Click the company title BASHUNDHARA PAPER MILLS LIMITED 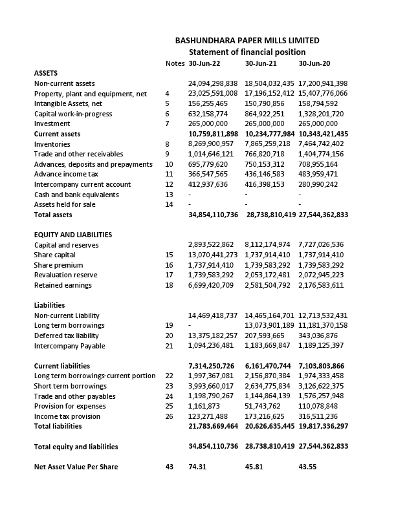tap(247, 41)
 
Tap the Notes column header tap(175, 63)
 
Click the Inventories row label tap(52, 144)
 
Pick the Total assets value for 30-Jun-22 tap(213, 215)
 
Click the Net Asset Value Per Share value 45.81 tap(254, 467)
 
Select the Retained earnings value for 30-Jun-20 tap(323, 285)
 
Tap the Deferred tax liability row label tap(66, 336)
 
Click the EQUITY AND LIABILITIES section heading tap(73, 235)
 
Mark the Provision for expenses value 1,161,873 tap(204, 407)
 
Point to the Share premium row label tap(58, 265)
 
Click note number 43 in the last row tap(170, 467)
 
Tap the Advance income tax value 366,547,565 tap(208, 175)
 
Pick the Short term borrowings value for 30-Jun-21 tap(267, 386)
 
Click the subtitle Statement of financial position tap(247, 52)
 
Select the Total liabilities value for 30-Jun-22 tap(213, 427)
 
